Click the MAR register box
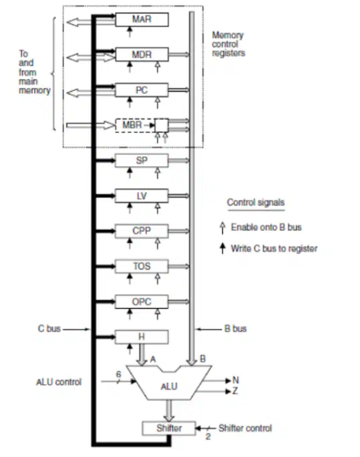[x=142, y=19]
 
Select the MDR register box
[x=142, y=55]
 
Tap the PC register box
[x=142, y=90]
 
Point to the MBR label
[x=132, y=125]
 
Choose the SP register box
[x=142, y=160]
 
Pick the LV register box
[x=142, y=196]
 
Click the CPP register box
[x=142, y=231]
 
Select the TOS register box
[x=142, y=267]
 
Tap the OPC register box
[x=142, y=301]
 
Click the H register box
[x=142, y=337]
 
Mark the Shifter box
[x=169, y=428]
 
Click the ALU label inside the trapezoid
[x=169, y=386]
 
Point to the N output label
[x=236, y=380]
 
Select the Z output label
[x=235, y=391]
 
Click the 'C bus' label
[x=49, y=329]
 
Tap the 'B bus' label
[x=235, y=329]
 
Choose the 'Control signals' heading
[x=256, y=202]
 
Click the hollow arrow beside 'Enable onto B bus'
[x=222, y=228]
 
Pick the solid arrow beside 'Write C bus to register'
[x=222, y=249]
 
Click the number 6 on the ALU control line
[x=118, y=374]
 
